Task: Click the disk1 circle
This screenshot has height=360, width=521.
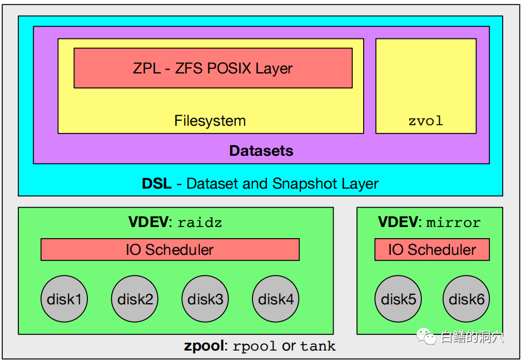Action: tap(64, 299)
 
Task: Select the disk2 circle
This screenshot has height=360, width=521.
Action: tap(135, 299)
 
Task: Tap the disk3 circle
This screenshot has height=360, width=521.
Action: tap(205, 299)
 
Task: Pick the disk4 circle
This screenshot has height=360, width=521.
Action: tap(276, 299)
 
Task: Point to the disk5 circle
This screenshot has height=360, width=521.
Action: tap(398, 299)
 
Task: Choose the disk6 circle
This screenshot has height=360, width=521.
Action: tap(466, 299)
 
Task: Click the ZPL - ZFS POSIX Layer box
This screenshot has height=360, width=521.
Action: tap(213, 68)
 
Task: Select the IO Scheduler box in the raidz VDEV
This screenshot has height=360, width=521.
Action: tap(170, 249)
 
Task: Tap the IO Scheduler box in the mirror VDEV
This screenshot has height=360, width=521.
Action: tap(432, 249)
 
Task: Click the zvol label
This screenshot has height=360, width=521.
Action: tap(426, 121)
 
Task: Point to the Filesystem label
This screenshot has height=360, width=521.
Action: tap(210, 121)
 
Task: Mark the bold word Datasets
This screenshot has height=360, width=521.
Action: tap(261, 151)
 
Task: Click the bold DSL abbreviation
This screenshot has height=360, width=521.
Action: tap(156, 184)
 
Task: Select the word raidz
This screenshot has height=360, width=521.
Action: tap(200, 223)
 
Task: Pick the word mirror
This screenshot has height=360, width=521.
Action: tap(454, 223)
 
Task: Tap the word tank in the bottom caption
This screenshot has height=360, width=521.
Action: tap(318, 347)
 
